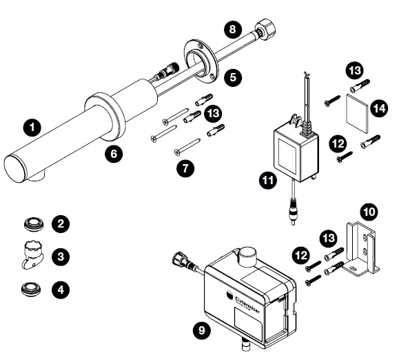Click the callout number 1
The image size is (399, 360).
[x=30, y=127]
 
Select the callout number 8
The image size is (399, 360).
[x=233, y=30]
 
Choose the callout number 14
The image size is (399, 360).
[x=378, y=107]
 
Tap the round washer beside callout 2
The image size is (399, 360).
[x=32, y=223]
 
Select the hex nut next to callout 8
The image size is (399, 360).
[x=265, y=32]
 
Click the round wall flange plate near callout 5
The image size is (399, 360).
[x=198, y=60]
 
